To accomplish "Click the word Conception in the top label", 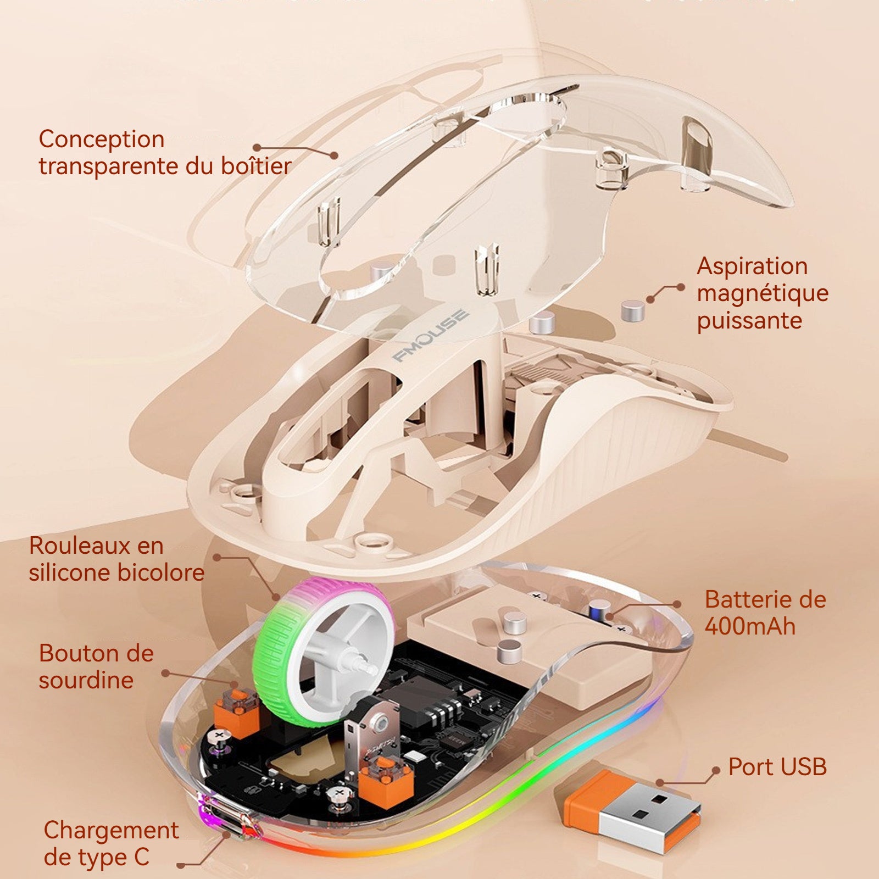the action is (x=102, y=140).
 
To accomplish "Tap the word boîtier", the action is (x=256, y=166).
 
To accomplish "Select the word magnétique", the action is (x=763, y=293).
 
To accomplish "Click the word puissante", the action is (x=749, y=321).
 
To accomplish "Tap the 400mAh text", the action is (x=750, y=626).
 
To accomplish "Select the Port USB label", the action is (x=777, y=767).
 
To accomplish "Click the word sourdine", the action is (x=86, y=680).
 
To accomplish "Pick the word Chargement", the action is (x=112, y=831).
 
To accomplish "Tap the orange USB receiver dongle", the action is (x=627, y=804).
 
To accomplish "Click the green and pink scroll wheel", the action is (x=324, y=648).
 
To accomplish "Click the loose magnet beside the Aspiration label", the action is (x=633, y=311).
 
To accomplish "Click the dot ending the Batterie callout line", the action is (x=677, y=604).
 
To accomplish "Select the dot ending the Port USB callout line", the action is (x=715, y=771).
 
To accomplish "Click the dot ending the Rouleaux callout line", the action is (x=217, y=557).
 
